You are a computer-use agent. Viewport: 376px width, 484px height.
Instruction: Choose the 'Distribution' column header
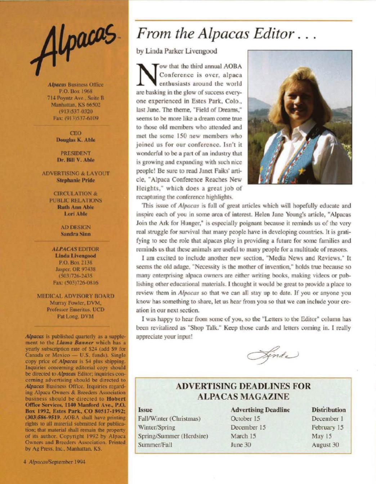tap(328, 410)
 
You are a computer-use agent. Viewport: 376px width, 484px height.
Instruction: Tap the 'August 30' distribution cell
tap(325, 445)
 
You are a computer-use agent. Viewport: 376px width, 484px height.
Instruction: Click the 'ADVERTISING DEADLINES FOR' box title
tap(243, 386)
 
